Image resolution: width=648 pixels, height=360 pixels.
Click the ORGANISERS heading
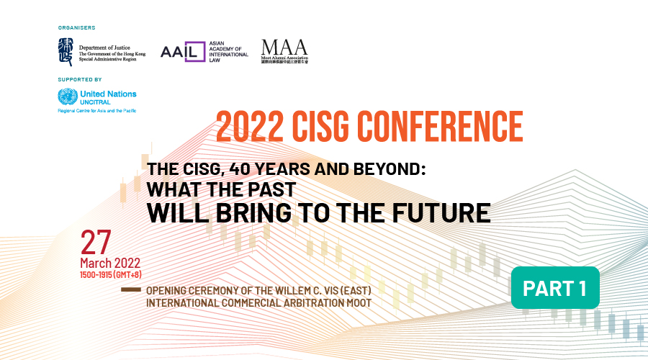[76, 27]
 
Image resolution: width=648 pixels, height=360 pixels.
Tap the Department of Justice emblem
[66, 52]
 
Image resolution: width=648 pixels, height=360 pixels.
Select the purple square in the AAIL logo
[195, 52]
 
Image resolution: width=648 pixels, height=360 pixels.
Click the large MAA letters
[284, 48]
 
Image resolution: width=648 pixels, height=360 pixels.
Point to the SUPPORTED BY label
[80, 79]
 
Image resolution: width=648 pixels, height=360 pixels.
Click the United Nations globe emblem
[68, 96]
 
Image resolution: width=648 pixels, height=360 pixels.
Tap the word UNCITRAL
[95, 102]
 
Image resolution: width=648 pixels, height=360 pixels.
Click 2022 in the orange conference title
[250, 127]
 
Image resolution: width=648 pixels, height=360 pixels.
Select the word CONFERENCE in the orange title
[440, 127]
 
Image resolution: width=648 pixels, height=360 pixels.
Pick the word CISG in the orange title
[320, 127]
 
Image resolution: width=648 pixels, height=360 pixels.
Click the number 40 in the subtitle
[240, 169]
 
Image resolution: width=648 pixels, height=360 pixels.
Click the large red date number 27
[96, 243]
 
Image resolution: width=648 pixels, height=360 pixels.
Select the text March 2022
[110, 263]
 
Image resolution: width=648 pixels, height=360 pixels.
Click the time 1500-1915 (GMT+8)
[111, 274]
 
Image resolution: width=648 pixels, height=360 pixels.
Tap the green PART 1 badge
[555, 288]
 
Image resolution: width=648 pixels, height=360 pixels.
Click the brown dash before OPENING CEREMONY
[131, 289]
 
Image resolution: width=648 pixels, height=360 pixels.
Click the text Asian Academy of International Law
[228, 52]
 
